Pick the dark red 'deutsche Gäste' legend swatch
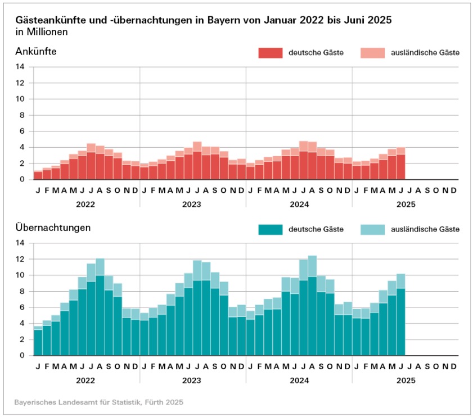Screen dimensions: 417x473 coord(270,53)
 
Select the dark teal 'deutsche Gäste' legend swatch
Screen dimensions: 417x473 coord(270,229)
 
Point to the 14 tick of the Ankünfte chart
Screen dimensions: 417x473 coord(21,67)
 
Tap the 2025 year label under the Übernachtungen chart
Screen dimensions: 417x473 coord(405,380)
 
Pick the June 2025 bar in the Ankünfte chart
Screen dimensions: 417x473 coord(400,164)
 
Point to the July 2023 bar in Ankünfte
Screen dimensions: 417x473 coord(197,161)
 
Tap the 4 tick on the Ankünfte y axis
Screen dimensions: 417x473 coord(22,147)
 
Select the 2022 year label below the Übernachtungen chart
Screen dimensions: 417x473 coord(86,380)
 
